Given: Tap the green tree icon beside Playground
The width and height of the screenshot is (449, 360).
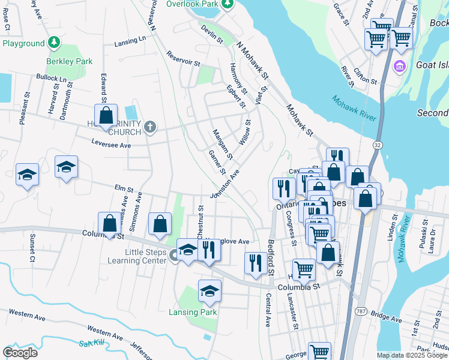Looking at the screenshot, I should click(x=54, y=43).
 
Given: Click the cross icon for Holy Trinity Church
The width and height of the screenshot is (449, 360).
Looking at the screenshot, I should click(x=150, y=127).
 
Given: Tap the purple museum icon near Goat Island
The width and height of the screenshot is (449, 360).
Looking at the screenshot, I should click(x=399, y=65).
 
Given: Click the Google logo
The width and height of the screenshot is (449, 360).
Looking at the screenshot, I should click(x=20, y=353).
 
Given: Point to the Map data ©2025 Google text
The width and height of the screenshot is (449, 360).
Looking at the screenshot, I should click(x=412, y=355).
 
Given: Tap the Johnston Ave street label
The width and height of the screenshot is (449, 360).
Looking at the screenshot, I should click(x=224, y=184).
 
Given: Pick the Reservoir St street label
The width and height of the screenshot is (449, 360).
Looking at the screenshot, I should click(x=184, y=58).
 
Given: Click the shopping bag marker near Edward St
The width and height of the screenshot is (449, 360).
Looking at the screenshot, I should click(x=106, y=115).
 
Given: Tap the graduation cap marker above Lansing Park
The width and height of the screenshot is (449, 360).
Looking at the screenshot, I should click(x=209, y=292).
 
